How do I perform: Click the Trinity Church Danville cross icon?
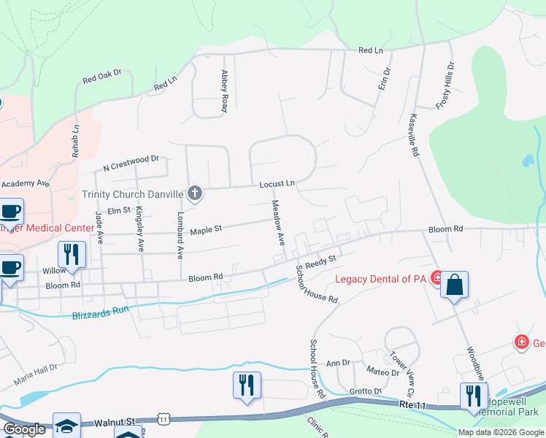pos(194,193)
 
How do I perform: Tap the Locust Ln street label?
pos(277,184)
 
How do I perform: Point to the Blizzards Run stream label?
pos(101,313)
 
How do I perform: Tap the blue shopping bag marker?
pos(454,285)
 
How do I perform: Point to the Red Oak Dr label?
pos(101,77)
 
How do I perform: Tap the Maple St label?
pos(205,231)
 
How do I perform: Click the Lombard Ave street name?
pos(180,237)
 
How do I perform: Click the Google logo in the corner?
pos(24,429)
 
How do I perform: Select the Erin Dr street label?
pos(385,78)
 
